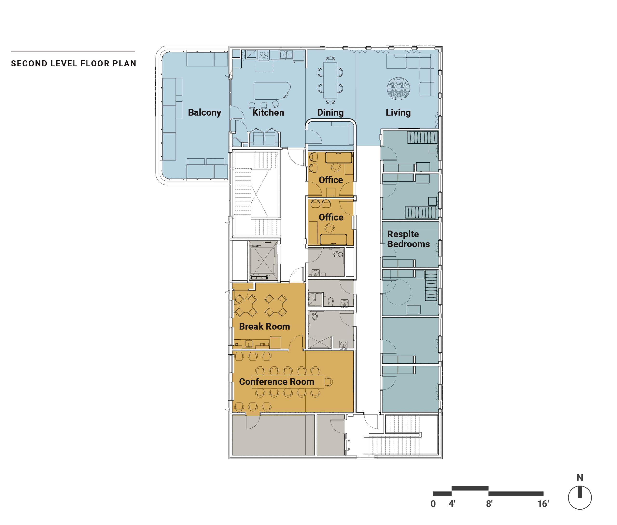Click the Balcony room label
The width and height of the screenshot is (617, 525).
[x=205, y=112]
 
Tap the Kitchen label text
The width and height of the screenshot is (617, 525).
[x=268, y=112]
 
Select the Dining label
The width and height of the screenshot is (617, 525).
[x=330, y=112]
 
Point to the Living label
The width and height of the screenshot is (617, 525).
[x=398, y=112]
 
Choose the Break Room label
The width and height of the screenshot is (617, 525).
[x=264, y=327]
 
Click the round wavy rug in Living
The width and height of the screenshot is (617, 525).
[x=398, y=89]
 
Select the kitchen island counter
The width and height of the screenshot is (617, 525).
[x=272, y=91]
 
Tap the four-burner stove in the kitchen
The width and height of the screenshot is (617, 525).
[x=264, y=55]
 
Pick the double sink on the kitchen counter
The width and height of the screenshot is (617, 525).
[x=286, y=54]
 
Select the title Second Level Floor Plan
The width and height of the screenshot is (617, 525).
[x=74, y=63]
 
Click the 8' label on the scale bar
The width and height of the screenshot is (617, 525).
[x=489, y=504]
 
